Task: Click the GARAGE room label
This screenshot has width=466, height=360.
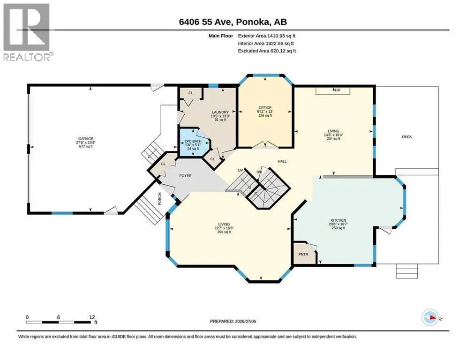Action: click(86, 139)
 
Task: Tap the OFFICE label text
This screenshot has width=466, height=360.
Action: click(265, 108)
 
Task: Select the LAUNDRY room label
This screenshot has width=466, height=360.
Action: click(220, 112)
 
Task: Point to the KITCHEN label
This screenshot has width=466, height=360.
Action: click(338, 220)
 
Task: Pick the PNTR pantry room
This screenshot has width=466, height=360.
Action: click(304, 254)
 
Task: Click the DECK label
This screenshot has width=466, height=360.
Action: click(407, 137)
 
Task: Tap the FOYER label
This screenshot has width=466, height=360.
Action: click(186, 176)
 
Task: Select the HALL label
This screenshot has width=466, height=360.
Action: click(282, 161)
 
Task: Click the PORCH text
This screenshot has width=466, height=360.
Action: click(159, 199)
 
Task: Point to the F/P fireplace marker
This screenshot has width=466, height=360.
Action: click(338, 90)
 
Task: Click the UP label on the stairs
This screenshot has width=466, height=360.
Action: click(241, 170)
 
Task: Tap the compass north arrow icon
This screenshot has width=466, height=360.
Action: click(430, 318)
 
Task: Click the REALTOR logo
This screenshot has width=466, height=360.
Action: click(27, 32)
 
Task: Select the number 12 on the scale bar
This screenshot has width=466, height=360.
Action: click(92, 317)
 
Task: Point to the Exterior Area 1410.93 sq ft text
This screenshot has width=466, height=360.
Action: click(267, 36)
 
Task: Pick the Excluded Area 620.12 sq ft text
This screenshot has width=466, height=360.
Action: click(267, 51)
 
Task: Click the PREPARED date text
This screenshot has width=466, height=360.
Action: click(233, 322)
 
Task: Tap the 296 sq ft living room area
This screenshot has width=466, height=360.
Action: click(224, 232)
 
